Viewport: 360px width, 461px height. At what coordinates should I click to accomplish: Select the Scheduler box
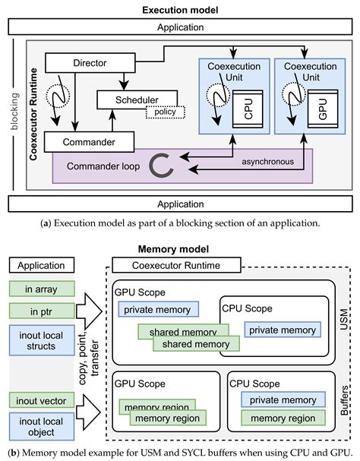(132, 99)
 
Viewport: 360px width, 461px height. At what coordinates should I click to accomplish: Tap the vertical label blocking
(13, 114)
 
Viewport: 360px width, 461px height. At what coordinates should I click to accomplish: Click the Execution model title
(180, 9)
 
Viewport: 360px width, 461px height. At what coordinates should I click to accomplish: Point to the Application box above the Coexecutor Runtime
(180, 27)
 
